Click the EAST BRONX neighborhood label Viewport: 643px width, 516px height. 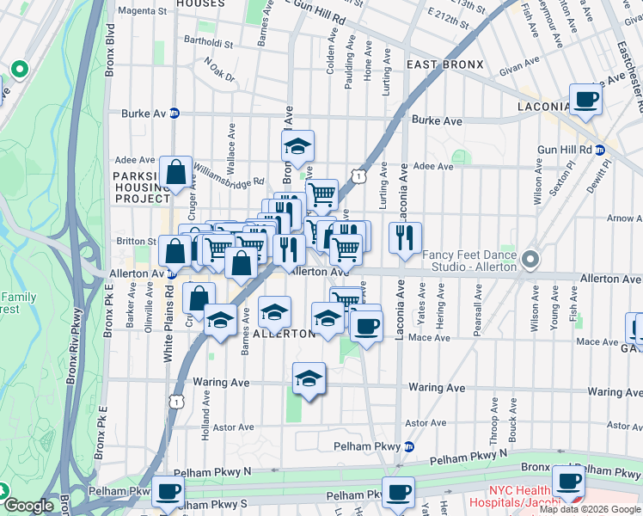click(x=445, y=64)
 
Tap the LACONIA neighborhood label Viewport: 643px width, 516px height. click(x=543, y=107)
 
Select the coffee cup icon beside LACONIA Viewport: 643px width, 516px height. click(x=586, y=99)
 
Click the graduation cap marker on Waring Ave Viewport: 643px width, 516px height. click(x=309, y=378)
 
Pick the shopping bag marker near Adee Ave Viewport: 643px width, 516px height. click(x=176, y=172)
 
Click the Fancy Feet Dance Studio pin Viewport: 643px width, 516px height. click(x=530, y=258)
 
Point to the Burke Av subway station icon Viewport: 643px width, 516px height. click(x=175, y=113)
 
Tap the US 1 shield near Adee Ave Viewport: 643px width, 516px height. click(x=356, y=175)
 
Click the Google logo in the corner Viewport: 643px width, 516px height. click(x=29, y=506)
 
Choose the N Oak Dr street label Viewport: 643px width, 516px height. click(x=219, y=70)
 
